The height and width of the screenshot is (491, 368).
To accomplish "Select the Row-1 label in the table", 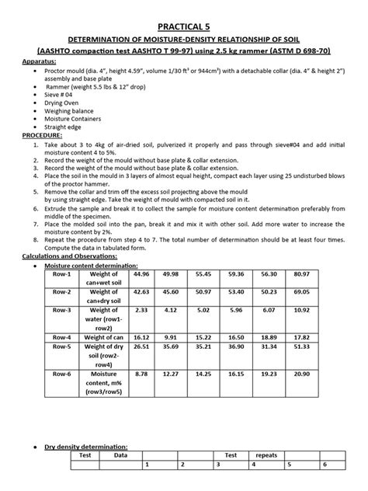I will click(61, 273).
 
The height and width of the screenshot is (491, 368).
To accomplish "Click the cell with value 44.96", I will click(141, 273).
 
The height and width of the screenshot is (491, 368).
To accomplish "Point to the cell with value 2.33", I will click(141, 309).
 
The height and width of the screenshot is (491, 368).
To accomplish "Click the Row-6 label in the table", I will click(61, 374).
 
